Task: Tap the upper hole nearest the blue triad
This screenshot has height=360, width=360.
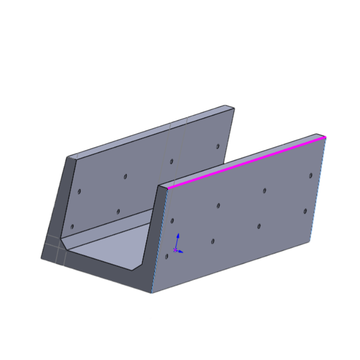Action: [172, 220]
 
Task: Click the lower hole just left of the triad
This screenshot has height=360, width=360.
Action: [167, 256]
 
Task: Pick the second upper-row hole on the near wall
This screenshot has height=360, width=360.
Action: [218, 206]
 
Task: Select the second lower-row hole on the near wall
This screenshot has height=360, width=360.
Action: [213, 242]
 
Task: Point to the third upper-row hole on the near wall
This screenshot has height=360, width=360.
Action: [265, 191]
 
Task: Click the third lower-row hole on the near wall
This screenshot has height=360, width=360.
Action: [259, 226]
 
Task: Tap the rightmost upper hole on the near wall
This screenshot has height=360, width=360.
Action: [310, 175]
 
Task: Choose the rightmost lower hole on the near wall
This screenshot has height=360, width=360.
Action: [305, 211]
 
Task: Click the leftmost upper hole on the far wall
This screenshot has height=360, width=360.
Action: [79, 191]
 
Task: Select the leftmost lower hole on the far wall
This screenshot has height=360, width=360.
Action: [72, 226]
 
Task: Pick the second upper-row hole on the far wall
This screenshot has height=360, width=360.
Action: [126, 176]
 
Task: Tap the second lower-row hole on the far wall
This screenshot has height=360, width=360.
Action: [118, 211]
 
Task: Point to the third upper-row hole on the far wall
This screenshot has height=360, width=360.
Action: [171, 161]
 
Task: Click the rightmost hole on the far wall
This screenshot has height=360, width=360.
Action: [217, 146]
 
